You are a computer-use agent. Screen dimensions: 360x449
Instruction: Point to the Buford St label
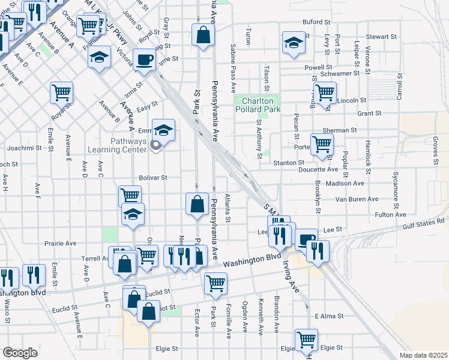(x=316, y=22)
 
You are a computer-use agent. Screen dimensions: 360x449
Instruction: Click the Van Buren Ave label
(x=357, y=199)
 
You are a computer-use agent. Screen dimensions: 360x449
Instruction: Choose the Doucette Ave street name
(x=324, y=170)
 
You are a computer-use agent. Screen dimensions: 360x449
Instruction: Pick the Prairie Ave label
(x=61, y=244)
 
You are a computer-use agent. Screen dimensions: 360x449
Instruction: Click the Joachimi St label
(x=25, y=147)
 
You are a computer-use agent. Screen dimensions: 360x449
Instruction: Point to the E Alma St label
(x=328, y=316)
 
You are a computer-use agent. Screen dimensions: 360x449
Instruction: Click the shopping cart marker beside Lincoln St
(x=325, y=92)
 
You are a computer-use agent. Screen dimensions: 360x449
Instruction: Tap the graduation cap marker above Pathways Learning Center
(x=163, y=128)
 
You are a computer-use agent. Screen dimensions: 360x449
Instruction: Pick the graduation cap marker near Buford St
(x=294, y=42)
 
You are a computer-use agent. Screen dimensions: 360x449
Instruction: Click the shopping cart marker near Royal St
(x=61, y=92)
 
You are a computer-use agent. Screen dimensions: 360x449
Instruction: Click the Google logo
(x=20, y=353)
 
